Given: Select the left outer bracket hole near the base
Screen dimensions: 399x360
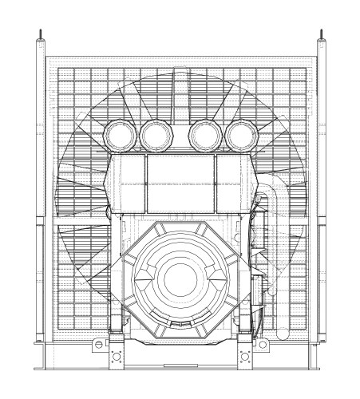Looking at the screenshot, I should point(97,345).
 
